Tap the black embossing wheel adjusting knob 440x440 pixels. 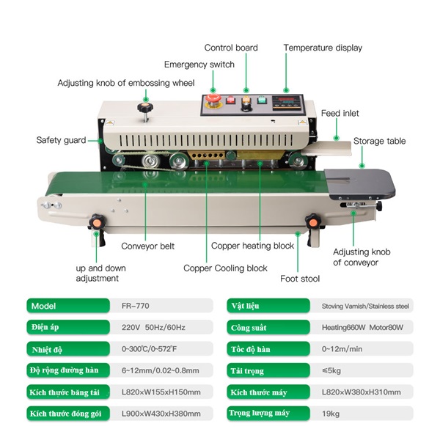pos(142,109)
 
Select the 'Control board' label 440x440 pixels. pos(231,48)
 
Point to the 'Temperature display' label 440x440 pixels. pos(323,48)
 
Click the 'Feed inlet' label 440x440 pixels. pos(340,114)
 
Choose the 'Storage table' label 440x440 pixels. pos(379,141)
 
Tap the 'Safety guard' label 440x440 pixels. pos(61,140)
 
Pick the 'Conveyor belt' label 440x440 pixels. pos(147,246)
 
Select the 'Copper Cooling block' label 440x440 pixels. pos(225,268)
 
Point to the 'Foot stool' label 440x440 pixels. pos(299,279)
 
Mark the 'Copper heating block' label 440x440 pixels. pos(252,246)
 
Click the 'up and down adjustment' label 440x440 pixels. pos(97,273)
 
